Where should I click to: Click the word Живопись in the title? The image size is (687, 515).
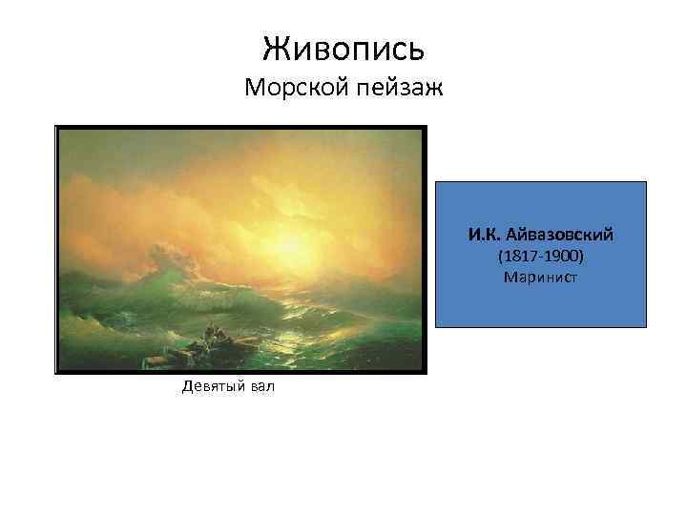[x=343, y=46]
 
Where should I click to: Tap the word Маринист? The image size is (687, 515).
[x=541, y=278]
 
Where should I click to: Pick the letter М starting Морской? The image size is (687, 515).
[x=253, y=89]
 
